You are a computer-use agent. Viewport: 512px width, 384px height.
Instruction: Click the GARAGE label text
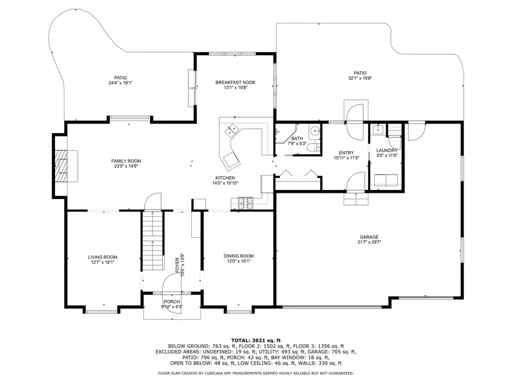point(369,237)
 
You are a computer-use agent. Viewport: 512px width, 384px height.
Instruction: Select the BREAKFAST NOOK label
point(235,82)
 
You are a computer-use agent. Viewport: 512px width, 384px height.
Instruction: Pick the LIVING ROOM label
point(102,257)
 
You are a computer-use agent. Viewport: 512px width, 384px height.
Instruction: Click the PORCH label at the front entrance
point(171,302)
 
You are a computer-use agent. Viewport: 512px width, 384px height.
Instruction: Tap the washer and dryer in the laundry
point(385,181)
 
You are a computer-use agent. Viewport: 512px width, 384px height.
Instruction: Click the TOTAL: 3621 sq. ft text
point(255,340)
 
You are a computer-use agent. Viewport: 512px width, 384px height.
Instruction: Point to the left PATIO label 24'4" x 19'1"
point(120,83)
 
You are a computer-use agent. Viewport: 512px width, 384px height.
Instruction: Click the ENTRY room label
point(346,153)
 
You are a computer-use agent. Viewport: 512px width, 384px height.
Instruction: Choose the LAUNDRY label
point(387,150)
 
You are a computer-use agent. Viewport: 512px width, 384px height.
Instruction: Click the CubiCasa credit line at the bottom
point(255,373)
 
